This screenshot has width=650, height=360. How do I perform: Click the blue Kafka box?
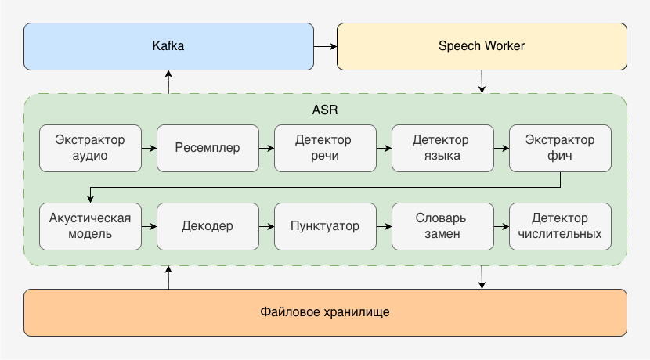pyautogui.click(x=168, y=46)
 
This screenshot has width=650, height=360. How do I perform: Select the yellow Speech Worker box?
pyautogui.click(x=482, y=46)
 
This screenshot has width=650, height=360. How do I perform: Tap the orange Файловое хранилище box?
pyautogui.click(x=325, y=312)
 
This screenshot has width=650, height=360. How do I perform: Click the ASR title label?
pyautogui.click(x=325, y=110)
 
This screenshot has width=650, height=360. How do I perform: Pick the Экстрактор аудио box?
pyautogui.click(x=90, y=148)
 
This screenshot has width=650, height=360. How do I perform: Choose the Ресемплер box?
pyautogui.click(x=208, y=148)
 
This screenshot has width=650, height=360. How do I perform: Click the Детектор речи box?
pyautogui.click(x=325, y=148)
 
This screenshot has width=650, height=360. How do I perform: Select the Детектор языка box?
pyautogui.click(x=442, y=148)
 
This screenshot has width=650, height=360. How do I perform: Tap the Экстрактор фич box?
pyautogui.click(x=560, y=148)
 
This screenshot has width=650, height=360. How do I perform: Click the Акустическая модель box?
pyautogui.click(x=90, y=226)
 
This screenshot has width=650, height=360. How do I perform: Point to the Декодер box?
pyautogui.click(x=208, y=226)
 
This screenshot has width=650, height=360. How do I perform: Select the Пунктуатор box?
pyautogui.click(x=325, y=226)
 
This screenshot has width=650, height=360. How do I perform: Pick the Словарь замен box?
pyautogui.click(x=442, y=226)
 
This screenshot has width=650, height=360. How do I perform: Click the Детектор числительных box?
pyautogui.click(x=560, y=226)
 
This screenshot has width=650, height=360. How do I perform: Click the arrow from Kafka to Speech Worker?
pyautogui.click(x=325, y=47)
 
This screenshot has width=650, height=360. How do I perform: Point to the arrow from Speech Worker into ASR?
pyautogui.click(x=482, y=81)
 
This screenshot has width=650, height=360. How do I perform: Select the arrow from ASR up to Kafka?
pyautogui.click(x=168, y=81)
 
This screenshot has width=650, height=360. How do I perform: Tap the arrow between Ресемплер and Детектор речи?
pyautogui.click(x=266, y=148)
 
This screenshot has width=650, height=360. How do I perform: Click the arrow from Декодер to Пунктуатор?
pyautogui.click(x=266, y=226)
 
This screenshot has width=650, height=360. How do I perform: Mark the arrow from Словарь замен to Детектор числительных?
pyautogui.click(x=501, y=226)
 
